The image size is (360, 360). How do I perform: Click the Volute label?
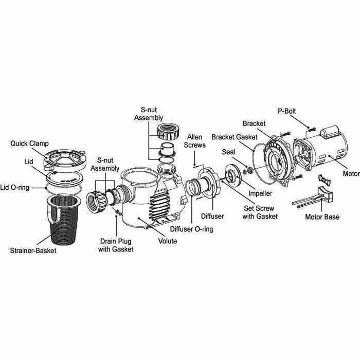coord(167,241)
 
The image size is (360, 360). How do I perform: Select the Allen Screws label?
coord(195,141)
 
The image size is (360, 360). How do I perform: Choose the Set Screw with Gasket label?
coord(260,212)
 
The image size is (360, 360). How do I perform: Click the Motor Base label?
coord(322,217)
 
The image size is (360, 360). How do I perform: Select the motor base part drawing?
coord(311,198)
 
